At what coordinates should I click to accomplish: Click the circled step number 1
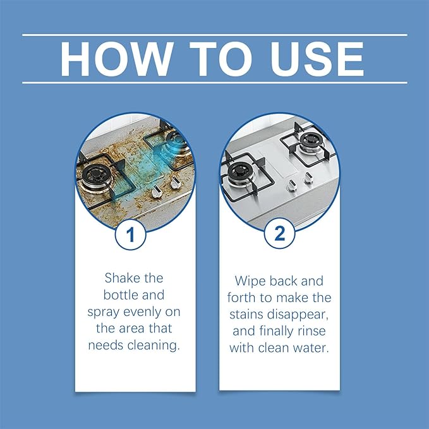click(x=131, y=236)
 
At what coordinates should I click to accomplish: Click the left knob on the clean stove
click(x=292, y=186)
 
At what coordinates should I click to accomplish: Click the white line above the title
click(x=214, y=35)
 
